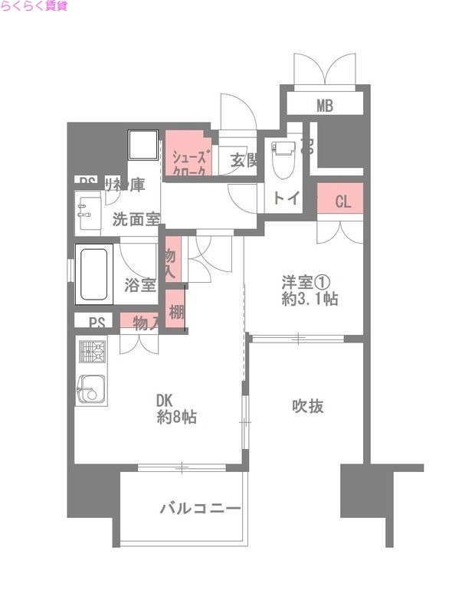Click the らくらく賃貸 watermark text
34,7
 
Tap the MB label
326,106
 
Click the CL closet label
342,202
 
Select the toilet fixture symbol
283,156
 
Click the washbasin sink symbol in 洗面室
89,212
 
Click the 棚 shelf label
177,312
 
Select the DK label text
165,401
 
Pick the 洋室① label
304,282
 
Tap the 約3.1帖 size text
309,300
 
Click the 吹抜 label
306,406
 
